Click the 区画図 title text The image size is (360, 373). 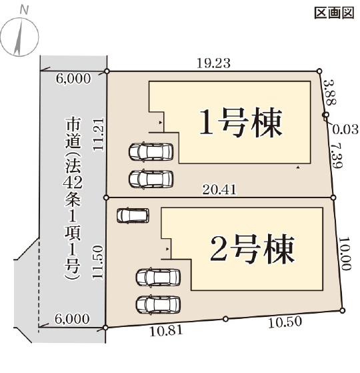[334, 13]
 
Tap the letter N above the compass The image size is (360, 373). [24, 10]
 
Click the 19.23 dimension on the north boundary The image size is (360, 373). [213, 63]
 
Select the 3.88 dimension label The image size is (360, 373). [331, 92]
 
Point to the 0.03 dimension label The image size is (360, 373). [345, 129]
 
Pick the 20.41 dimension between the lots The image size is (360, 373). [219, 190]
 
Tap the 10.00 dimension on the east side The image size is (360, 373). [345, 254]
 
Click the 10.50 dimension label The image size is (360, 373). [285, 322]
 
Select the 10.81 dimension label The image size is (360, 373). [167, 331]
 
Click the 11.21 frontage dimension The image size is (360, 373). [99, 134]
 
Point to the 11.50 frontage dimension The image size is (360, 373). [98, 262]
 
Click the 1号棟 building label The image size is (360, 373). [241, 123]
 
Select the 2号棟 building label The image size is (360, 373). [252, 249]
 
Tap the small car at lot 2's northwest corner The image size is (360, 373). [133, 216]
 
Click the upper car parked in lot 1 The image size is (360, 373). [151, 151]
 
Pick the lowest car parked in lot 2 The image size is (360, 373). [158, 305]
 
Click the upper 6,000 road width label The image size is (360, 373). [73, 79]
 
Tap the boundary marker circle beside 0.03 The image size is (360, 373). [326, 115]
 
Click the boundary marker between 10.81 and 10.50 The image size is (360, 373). [226, 319]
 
